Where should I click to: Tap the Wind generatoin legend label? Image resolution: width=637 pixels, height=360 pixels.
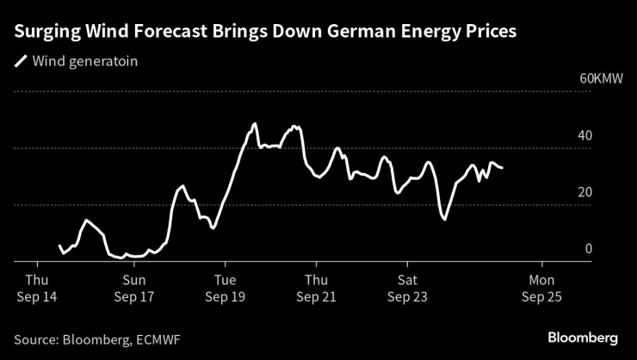point(84,61)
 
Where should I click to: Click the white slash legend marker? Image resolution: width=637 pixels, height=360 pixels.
point(20,61)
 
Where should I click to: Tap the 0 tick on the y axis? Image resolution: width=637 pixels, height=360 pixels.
point(589,250)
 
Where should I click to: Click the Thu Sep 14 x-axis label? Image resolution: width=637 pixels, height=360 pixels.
point(37,288)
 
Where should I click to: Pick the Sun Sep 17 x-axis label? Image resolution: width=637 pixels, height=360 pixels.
point(133,288)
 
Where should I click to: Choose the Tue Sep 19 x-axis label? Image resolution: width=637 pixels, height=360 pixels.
point(225,288)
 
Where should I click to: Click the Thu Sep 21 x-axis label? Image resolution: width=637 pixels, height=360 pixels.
point(316,288)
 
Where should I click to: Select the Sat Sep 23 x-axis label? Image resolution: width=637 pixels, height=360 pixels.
point(407,288)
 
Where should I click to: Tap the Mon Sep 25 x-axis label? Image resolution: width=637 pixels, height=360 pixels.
point(542,288)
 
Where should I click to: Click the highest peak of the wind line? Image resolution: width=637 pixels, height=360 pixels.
point(255,124)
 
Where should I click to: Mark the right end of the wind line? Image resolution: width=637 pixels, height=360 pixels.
point(502,168)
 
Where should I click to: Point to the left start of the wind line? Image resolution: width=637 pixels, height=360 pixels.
point(59,246)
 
